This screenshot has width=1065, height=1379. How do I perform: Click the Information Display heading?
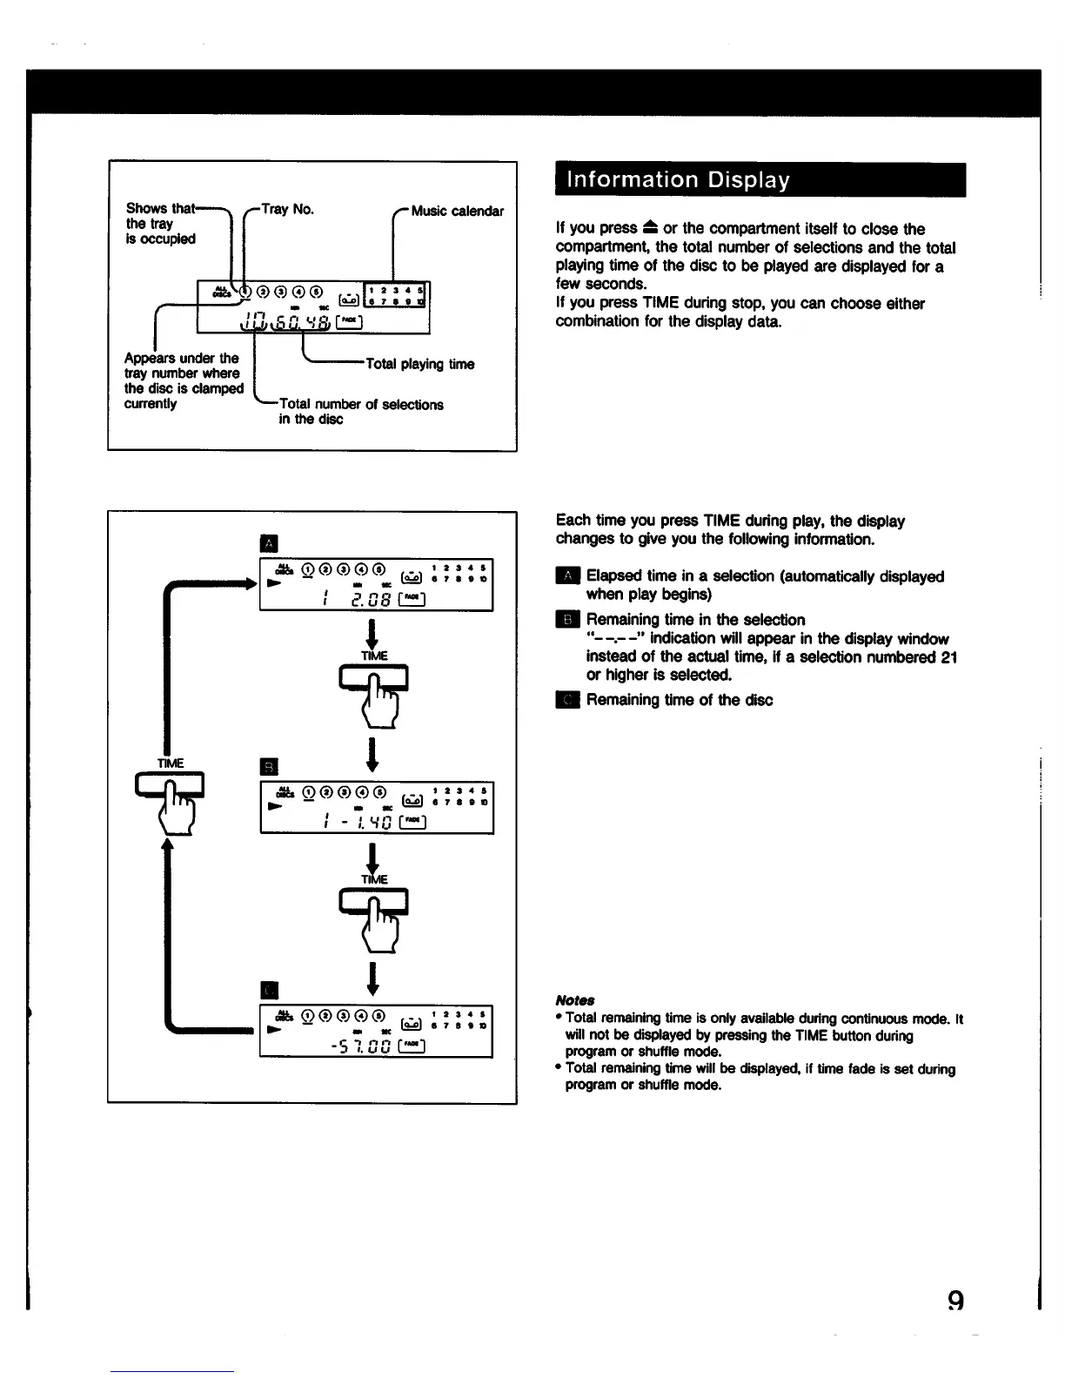pos(679,180)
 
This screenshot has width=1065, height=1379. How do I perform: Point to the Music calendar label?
pos(457,211)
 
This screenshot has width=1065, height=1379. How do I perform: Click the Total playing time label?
pos(420,364)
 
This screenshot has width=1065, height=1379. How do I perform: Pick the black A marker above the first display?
pos(269,544)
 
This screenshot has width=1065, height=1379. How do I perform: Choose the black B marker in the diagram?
pos(269,767)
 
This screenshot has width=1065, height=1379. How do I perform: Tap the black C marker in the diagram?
pos(269,990)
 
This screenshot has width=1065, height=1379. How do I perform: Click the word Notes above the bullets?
pos(574,1000)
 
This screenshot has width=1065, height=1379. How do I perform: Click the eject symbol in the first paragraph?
pos(650,228)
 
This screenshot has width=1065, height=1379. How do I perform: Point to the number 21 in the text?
pos(948,657)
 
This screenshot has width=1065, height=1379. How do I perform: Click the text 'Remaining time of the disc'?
pos(679,700)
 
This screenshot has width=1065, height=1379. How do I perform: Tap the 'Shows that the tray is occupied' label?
pos(161,223)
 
